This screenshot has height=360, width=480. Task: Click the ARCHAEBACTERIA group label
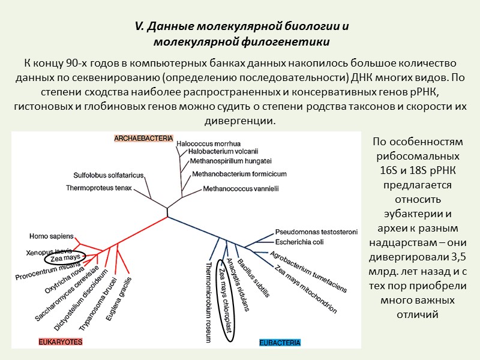[x=143, y=139]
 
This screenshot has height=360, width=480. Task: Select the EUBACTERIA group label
[x=280, y=343]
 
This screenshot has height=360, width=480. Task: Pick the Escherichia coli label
[x=299, y=242]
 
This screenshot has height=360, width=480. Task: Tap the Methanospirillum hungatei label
[x=230, y=161]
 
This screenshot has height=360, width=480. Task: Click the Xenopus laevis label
[x=49, y=250]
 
